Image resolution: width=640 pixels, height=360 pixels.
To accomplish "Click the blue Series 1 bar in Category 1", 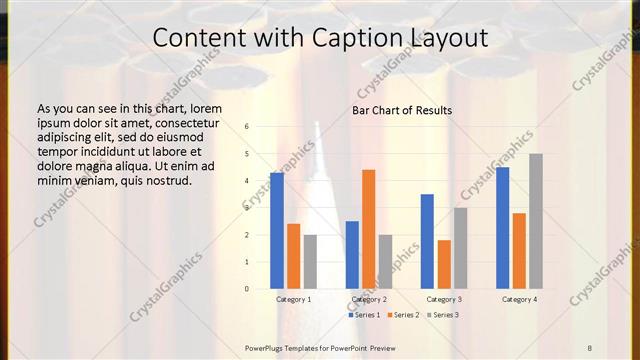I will point(277,231).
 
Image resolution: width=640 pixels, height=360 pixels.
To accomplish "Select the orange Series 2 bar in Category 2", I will point(368,229).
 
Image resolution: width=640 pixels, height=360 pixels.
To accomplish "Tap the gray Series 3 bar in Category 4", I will point(536,221).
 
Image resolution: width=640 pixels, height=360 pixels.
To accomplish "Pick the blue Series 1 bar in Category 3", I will point(427,241).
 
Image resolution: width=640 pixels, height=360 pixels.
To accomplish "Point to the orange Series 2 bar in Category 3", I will point(444,264).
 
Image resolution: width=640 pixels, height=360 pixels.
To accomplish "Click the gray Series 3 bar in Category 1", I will point(310,262).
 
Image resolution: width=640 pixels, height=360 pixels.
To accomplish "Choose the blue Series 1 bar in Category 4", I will point(502,228).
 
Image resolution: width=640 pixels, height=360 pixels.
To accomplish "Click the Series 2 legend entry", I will point(403,315).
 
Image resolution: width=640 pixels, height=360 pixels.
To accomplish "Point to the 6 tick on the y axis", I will point(247,127).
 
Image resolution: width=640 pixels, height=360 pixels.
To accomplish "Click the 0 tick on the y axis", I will point(247,289).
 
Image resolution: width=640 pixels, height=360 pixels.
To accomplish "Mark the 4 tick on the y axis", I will point(247,181).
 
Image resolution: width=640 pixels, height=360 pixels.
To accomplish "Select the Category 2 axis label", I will point(368,299).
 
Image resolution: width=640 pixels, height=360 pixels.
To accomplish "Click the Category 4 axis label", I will point(519,299).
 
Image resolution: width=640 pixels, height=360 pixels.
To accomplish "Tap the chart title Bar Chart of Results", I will point(402,110).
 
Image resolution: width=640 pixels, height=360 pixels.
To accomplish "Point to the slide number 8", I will point(590,347).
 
